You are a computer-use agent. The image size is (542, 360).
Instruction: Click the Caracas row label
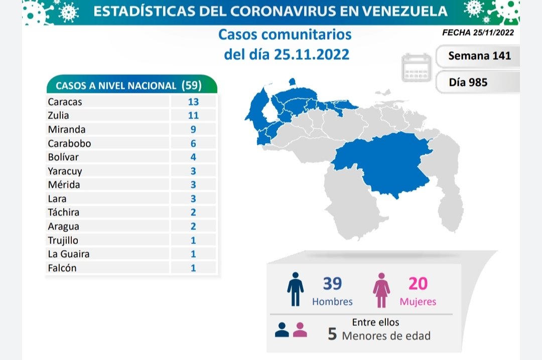click(x=65, y=102)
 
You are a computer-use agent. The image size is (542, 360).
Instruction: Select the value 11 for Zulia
click(x=193, y=115)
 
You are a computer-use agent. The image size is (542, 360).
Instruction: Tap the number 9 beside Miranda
click(x=193, y=130)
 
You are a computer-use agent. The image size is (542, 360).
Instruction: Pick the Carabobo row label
click(x=69, y=143)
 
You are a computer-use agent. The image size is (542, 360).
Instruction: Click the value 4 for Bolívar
click(x=193, y=157)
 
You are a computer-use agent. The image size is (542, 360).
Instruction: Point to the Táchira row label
click(x=64, y=212)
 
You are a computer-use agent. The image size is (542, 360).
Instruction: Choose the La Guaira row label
click(x=69, y=254)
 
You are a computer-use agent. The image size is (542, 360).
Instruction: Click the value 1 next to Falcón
click(x=193, y=268)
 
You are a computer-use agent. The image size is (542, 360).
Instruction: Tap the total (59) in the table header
click(x=191, y=85)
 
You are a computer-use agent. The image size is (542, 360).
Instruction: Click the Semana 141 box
click(x=479, y=56)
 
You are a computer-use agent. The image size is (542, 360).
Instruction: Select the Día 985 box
click(x=469, y=82)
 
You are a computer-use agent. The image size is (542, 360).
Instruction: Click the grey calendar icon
click(x=417, y=68)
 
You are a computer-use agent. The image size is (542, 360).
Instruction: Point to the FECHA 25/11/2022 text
click(x=478, y=33)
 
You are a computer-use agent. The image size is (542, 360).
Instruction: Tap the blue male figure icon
click(x=295, y=290)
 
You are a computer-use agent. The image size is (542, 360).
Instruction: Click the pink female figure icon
click(x=381, y=290)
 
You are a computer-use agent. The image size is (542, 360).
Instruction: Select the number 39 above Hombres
click(x=332, y=284)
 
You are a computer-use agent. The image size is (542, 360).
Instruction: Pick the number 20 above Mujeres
click(x=418, y=284)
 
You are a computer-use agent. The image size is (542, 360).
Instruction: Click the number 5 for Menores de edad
click(x=332, y=334)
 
